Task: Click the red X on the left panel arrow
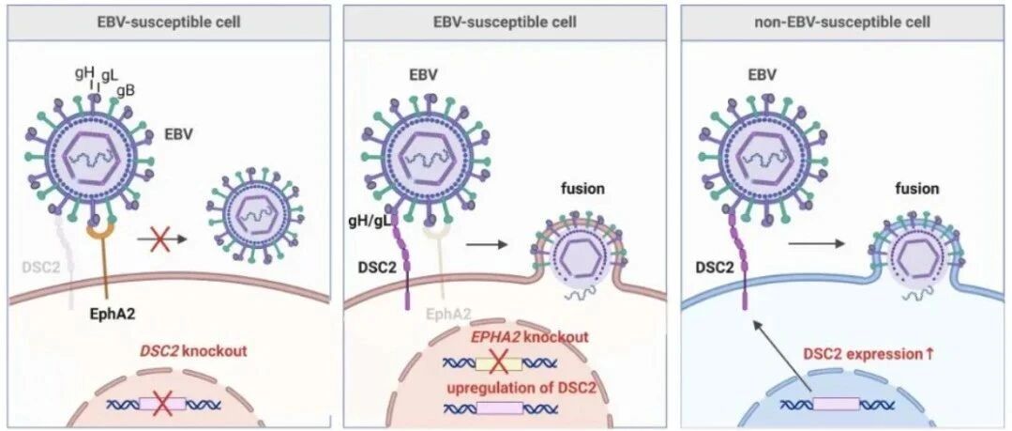click(156, 239)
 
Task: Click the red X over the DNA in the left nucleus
click(162, 405)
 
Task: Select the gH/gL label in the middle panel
click(370, 222)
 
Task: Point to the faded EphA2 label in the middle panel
click(447, 316)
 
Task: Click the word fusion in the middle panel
click(582, 190)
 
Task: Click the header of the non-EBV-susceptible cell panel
click(841, 22)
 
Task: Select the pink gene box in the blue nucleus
click(836, 404)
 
